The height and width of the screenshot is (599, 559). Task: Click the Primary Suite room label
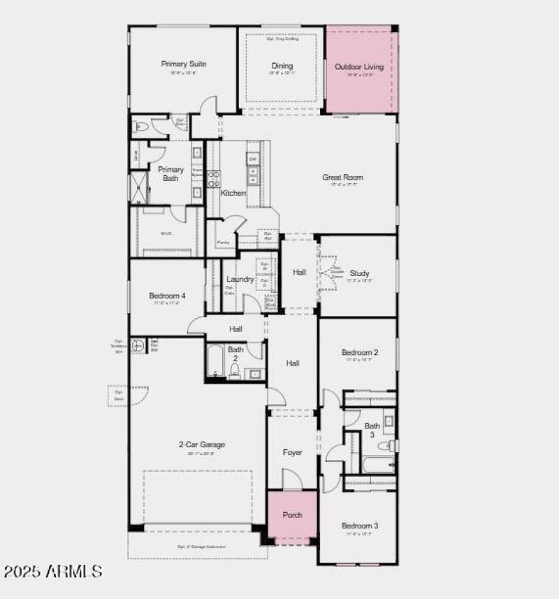click(183, 64)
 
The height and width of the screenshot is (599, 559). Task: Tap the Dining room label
click(282, 66)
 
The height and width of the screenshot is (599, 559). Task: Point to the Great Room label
click(342, 178)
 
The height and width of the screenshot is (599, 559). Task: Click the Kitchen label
click(233, 193)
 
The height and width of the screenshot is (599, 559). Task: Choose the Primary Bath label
click(170, 174)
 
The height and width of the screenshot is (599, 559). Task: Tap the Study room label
click(360, 273)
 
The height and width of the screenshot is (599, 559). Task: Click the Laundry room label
click(240, 280)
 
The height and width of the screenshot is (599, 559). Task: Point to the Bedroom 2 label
click(360, 353)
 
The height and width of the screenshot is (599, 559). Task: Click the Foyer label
click(292, 453)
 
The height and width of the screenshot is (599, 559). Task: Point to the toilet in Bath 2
click(236, 370)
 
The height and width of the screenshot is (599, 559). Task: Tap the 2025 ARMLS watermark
click(53, 572)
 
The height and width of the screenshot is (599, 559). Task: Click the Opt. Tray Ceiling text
click(282, 39)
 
